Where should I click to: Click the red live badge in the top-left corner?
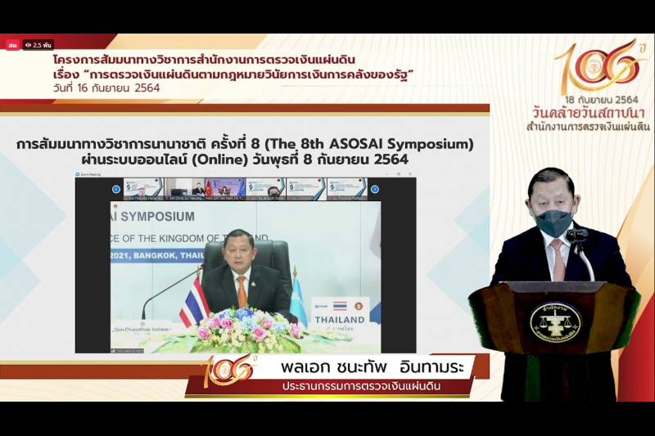[x=12, y=45]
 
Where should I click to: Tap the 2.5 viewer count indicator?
[x=38, y=45]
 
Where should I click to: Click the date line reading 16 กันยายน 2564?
[x=106, y=88]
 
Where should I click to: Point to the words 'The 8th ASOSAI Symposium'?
[x=377, y=144]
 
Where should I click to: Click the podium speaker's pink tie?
[x=559, y=259]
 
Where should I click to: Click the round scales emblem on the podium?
[x=555, y=321]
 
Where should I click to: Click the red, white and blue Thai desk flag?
[x=194, y=303]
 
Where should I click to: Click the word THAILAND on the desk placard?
[x=340, y=319]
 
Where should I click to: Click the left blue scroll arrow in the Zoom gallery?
[x=116, y=189]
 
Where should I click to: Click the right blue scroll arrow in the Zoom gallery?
[x=375, y=189]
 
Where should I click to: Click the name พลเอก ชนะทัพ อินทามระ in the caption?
[x=360, y=366]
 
